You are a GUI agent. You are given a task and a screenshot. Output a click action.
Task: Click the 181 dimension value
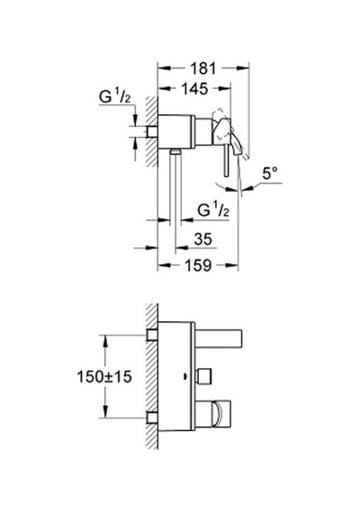tap(202, 68)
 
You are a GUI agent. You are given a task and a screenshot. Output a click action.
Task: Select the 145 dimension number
tap(194, 89)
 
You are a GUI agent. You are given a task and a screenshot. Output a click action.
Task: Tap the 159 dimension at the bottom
tap(198, 265)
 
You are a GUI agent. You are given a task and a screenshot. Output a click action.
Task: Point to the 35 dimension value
tap(202, 239)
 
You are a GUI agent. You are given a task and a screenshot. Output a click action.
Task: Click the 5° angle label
tap(270, 174)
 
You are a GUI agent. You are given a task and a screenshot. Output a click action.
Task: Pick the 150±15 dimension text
tap(104, 376)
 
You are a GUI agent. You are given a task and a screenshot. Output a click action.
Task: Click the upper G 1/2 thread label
tap(115, 97)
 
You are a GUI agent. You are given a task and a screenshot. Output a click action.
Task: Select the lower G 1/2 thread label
tap(213, 210)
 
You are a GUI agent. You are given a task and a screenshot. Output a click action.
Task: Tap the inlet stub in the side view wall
tap(151, 131)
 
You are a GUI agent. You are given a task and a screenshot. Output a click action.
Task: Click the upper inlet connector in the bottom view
tap(152, 335)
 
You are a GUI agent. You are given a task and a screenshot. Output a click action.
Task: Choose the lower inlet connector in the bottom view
tap(152, 418)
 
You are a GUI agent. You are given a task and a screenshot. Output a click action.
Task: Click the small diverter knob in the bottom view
tap(203, 376)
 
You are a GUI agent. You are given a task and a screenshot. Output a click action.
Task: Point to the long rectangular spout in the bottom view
tap(219, 338)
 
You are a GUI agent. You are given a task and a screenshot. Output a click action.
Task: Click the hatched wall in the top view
tap(151, 131)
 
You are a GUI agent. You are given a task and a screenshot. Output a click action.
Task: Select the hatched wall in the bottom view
tap(152, 376)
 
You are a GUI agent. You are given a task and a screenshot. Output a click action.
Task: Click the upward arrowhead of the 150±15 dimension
tap(105, 341)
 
